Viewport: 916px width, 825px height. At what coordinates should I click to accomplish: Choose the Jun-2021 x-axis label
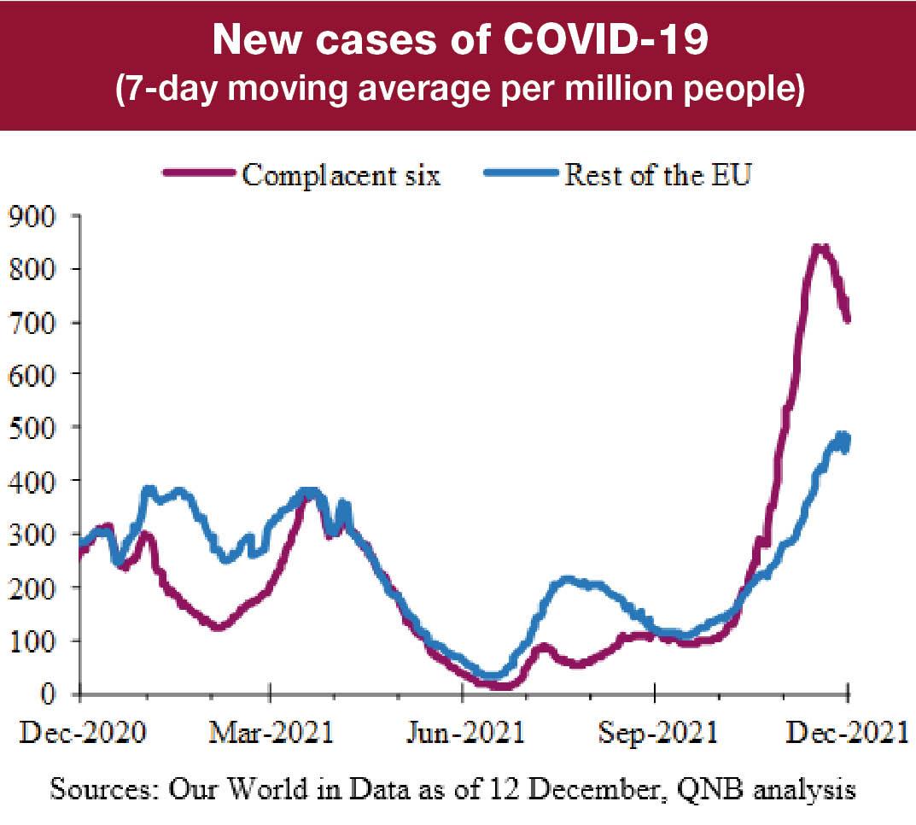(x=462, y=734)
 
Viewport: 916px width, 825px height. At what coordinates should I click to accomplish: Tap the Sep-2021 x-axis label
(x=654, y=734)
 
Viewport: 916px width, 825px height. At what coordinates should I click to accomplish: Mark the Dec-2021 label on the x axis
(x=845, y=734)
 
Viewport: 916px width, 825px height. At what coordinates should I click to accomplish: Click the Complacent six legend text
(x=341, y=175)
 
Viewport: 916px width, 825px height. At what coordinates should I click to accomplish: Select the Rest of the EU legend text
(x=657, y=175)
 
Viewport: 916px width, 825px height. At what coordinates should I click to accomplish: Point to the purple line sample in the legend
(x=198, y=175)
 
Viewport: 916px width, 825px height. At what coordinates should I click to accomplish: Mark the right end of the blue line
(x=847, y=441)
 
